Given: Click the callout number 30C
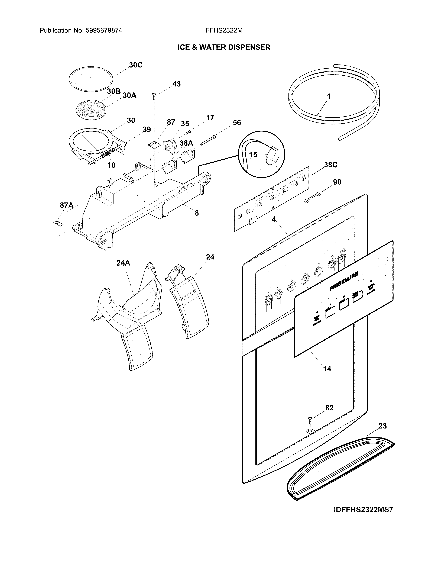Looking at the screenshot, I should [136, 65].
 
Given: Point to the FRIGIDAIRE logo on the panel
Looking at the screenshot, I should [344, 281].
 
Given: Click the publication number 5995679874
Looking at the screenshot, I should [104, 31].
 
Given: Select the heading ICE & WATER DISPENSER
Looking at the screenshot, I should [224, 47].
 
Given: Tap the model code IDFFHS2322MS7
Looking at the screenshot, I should [363, 510].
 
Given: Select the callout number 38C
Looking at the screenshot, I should [330, 165].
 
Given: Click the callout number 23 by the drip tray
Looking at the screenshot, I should [382, 426].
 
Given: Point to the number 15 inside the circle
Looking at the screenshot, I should [253, 154].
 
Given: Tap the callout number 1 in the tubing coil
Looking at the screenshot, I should [329, 96].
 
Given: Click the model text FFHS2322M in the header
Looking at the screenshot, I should [224, 31].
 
